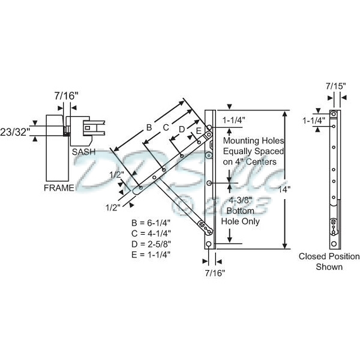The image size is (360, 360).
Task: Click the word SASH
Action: click(x=85, y=152)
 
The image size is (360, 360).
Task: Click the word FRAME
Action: click(x=59, y=188)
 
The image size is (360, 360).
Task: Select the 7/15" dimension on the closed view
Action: click(x=335, y=86)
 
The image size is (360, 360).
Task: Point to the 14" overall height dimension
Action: click(x=292, y=188)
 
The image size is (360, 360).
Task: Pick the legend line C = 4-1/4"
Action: click(x=151, y=234)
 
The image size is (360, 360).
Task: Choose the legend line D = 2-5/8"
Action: click(x=151, y=244)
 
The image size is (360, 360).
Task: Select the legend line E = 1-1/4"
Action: click(x=151, y=254)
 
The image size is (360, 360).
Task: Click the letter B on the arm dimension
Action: click(x=149, y=127)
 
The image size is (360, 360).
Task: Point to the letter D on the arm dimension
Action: click(x=181, y=129)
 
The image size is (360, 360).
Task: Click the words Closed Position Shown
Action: click(x=329, y=262)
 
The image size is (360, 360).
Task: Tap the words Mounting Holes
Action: click(x=250, y=140)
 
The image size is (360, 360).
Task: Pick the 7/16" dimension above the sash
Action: click(x=65, y=95)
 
